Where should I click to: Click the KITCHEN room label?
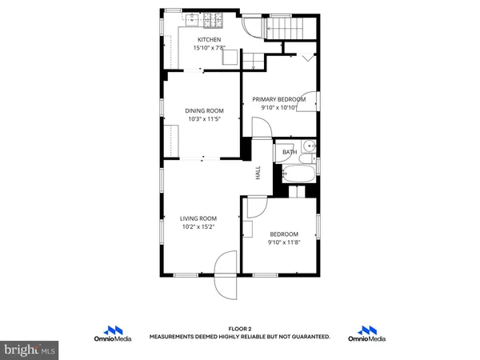[210, 39]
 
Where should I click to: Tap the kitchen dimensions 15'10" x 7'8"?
[210, 48]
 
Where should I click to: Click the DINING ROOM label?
[204, 110]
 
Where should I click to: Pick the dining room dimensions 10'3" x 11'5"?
[204, 119]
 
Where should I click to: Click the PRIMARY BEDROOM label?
[279, 99]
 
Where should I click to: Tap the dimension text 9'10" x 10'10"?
[279, 108]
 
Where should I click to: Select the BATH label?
[290, 151]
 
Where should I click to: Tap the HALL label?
[258, 172]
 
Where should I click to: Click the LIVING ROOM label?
[198, 218]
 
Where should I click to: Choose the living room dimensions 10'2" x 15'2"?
[198, 227]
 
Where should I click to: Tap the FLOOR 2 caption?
[240, 329]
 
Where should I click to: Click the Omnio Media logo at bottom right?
[367, 334]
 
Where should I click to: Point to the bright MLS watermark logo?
[30, 350]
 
